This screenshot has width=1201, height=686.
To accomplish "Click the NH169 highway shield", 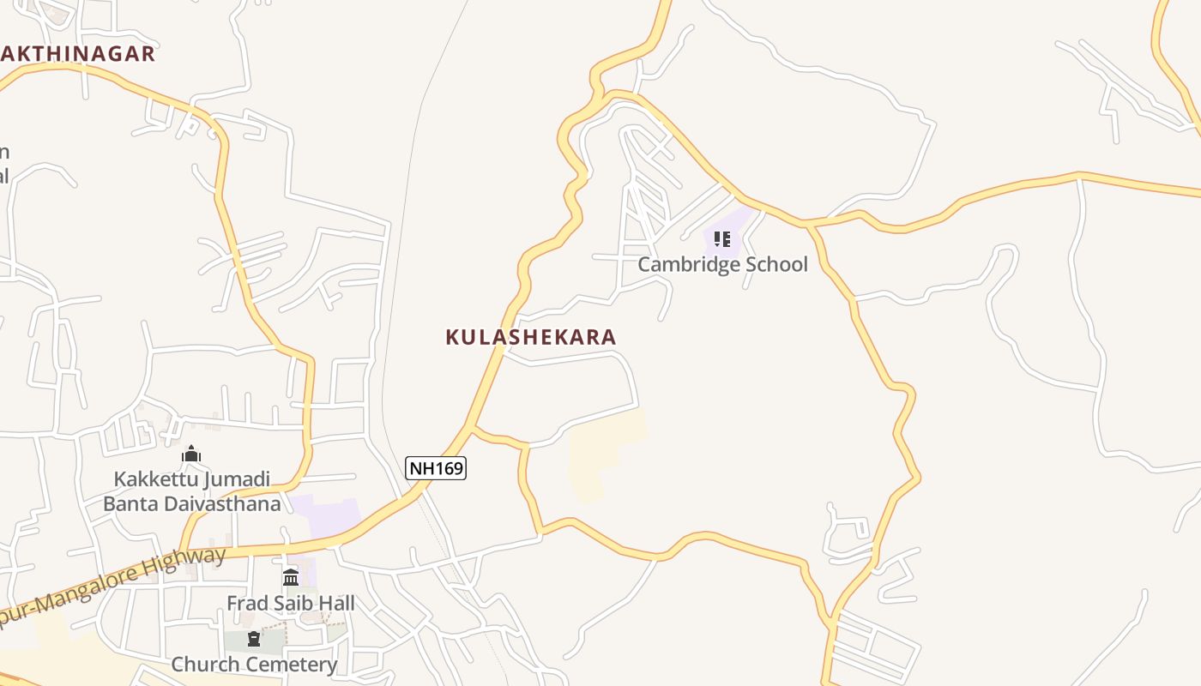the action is [x=436, y=468].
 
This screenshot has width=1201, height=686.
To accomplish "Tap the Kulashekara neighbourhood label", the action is [x=530, y=337].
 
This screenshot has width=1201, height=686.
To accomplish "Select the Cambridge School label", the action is [x=722, y=264].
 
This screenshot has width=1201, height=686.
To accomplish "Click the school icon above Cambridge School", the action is [x=722, y=239].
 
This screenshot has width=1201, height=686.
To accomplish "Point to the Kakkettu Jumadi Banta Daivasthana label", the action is [x=191, y=491].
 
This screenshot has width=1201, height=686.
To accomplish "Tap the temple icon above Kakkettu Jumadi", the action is [x=191, y=454].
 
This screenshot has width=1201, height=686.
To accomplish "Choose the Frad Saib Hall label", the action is [x=290, y=603].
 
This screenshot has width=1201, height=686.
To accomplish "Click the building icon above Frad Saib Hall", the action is [x=290, y=577].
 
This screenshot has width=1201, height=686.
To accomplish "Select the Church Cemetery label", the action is [x=254, y=664].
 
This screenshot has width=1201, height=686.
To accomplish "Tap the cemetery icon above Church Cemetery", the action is [x=254, y=639].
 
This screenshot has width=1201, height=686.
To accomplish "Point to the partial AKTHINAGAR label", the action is [x=77, y=54].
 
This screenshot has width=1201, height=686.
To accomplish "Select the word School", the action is [x=776, y=264].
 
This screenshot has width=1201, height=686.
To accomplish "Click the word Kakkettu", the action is [x=149, y=478].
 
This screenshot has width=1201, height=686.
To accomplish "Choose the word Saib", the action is [x=291, y=603].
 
